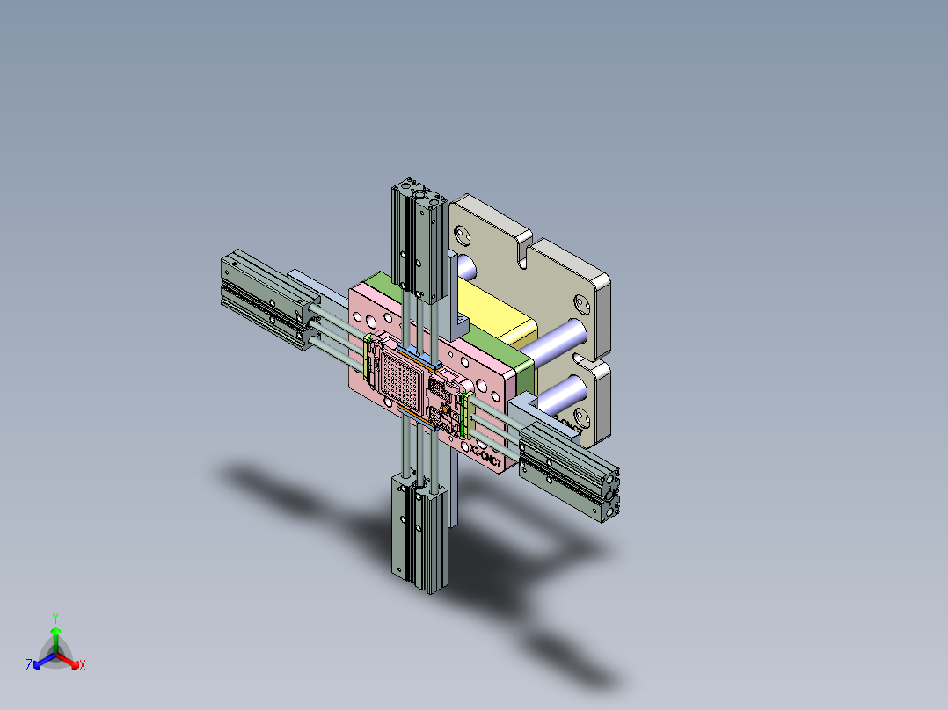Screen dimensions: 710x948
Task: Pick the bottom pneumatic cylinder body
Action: [420, 536]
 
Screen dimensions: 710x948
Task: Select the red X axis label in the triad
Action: [83, 666]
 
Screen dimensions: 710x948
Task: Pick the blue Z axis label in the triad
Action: [29, 666]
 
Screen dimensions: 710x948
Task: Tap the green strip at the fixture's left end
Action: [367, 351]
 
